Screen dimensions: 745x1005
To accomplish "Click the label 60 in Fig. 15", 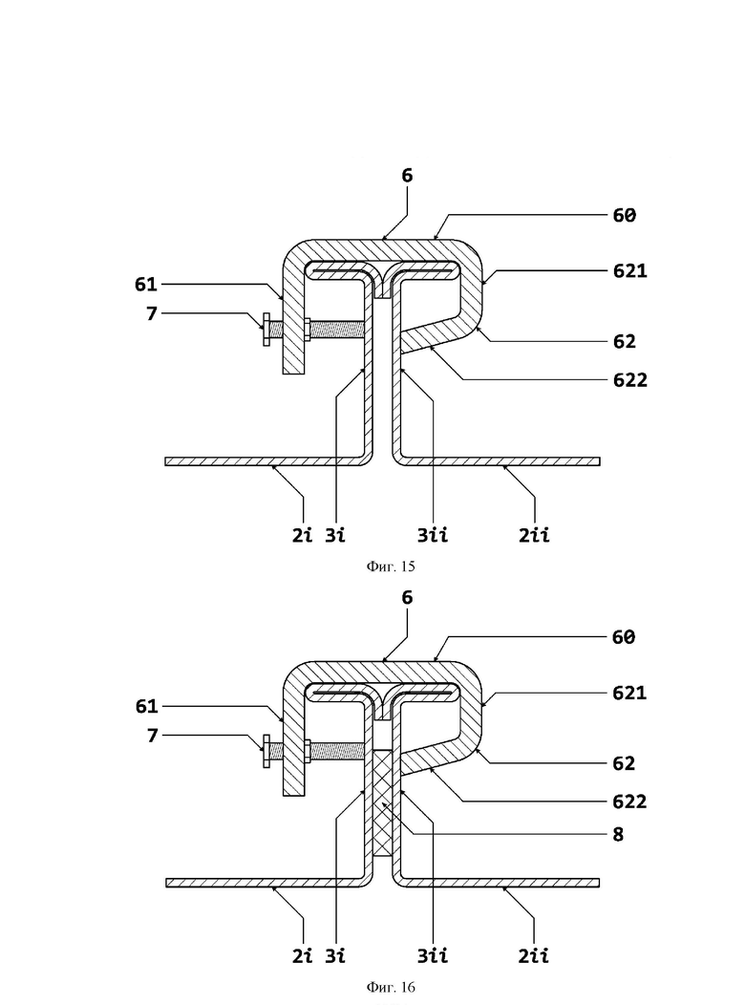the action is point(624,215).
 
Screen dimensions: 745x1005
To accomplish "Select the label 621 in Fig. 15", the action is point(629,271).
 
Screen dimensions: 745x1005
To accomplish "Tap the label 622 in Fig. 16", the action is point(629,802).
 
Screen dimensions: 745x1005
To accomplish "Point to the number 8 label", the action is point(618,835).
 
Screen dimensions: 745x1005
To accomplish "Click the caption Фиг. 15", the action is point(391,566).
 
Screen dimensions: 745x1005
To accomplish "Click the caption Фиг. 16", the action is point(391,987).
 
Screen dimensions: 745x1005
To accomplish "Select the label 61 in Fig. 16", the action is point(147,706).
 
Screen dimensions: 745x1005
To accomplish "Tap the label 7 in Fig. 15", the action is point(152,314).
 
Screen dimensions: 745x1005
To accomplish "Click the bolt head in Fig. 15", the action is point(266,330).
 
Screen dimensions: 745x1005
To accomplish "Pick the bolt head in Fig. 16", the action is point(266,751).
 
